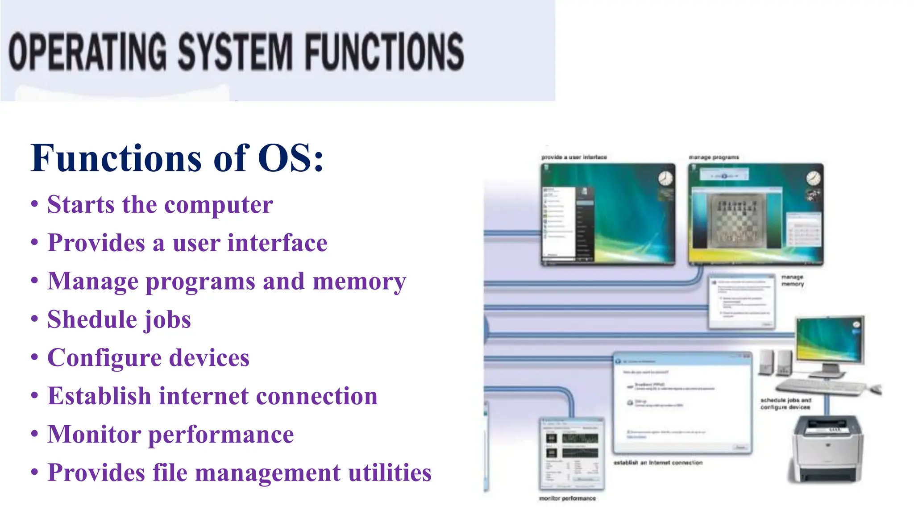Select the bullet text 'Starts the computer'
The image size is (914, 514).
pyautogui.click(x=160, y=205)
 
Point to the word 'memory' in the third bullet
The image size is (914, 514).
pyautogui.click(x=359, y=282)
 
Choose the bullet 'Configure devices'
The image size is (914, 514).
pyautogui.click(x=148, y=358)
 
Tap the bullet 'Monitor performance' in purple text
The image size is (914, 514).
pyautogui.click(x=170, y=435)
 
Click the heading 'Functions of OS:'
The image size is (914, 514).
pyautogui.click(x=177, y=158)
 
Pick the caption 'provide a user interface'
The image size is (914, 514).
pyautogui.click(x=574, y=157)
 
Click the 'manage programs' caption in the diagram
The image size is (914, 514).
pyautogui.click(x=714, y=157)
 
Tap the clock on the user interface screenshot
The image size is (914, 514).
pyautogui.click(x=665, y=178)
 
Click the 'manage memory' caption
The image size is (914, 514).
pyautogui.click(x=792, y=280)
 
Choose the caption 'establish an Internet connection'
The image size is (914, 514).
pyautogui.click(x=657, y=463)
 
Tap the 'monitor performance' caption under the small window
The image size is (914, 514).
pyautogui.click(x=567, y=498)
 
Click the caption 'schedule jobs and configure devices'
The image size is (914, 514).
pyautogui.click(x=785, y=404)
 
